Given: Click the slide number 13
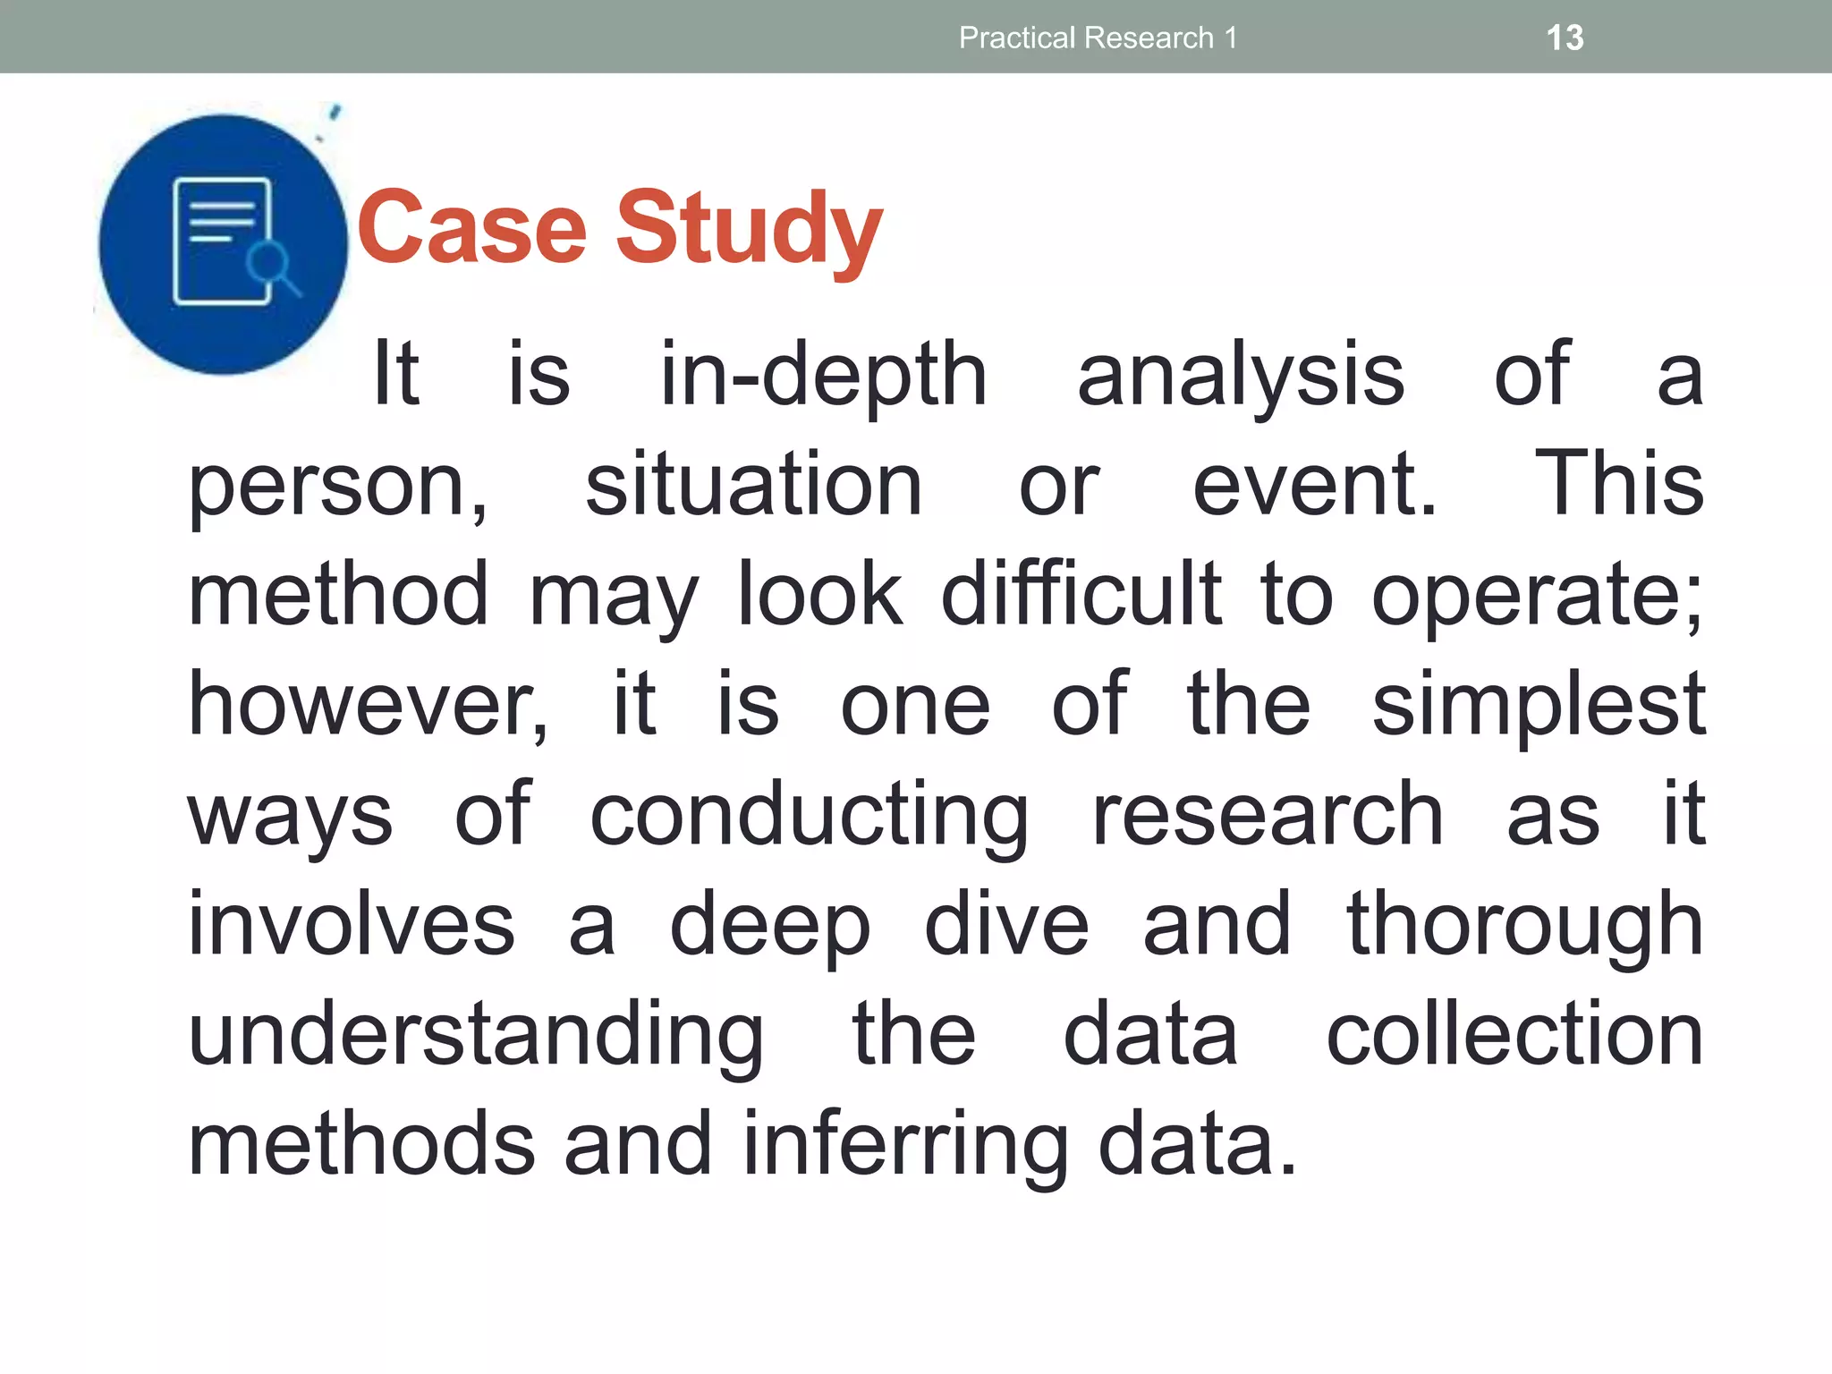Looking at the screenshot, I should tap(1565, 38).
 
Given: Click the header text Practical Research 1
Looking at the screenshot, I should tap(1098, 38).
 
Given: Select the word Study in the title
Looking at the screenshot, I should tap(750, 231).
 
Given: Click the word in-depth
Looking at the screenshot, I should tap(823, 376).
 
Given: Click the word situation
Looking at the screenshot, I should tap(753, 486).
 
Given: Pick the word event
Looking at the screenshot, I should tap(1313, 486).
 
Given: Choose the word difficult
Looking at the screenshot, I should tap(1081, 595).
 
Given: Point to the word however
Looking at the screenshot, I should tap(367, 706).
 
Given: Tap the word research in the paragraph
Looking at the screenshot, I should tap(1268, 816).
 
